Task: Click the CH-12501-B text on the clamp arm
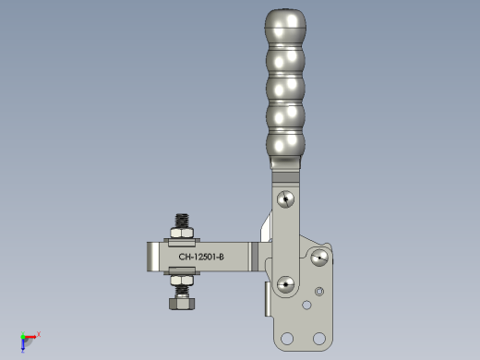pos(201,257)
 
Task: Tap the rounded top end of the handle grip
pos(285,18)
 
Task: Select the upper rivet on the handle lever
pos(285,199)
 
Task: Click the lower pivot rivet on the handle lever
pos(285,284)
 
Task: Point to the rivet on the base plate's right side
pos(319,258)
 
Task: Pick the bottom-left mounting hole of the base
pos(287,339)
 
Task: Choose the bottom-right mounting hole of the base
pos(319,339)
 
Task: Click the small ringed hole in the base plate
pos(319,292)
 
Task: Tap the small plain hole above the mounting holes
pos(306,305)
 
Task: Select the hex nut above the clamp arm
pos(182,233)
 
